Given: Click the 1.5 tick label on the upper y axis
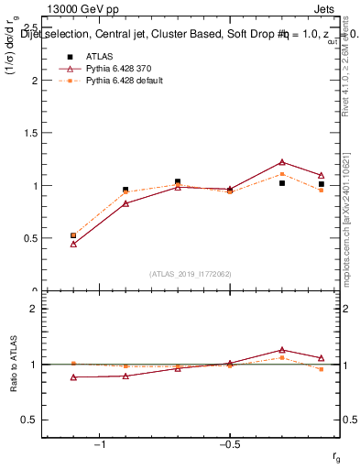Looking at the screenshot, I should pyautogui.click(x=31, y=133).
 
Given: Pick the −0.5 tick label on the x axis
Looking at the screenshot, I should pyautogui.click(x=229, y=445).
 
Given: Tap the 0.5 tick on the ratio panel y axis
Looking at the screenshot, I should pyautogui.click(x=29, y=420).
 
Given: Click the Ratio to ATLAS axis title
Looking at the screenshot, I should pyautogui.click(x=12, y=364).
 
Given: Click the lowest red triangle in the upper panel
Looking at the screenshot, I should pyautogui.click(x=73, y=244).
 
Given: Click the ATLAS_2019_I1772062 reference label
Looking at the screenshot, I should pyautogui.click(x=190, y=273).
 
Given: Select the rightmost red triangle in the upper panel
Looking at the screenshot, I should pyautogui.click(x=322, y=175).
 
